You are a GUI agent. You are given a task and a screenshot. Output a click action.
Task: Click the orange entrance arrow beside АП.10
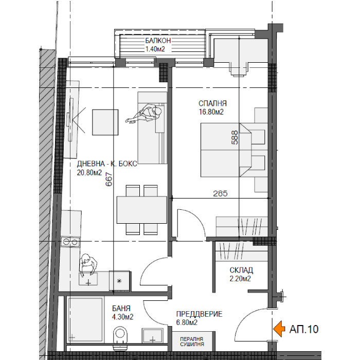click(x=279, y=329)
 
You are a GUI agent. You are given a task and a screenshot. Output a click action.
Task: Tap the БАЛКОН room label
click(x=158, y=41)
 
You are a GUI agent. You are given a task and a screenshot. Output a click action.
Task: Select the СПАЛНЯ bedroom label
click(x=212, y=103)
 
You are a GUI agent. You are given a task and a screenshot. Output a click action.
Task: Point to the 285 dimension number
click(x=220, y=193)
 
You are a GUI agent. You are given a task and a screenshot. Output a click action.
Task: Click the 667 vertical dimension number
click(x=109, y=179)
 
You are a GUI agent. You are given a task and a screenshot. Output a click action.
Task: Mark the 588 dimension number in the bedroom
click(x=235, y=137)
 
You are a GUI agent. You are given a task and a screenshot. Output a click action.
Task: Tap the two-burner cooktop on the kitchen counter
click(x=70, y=242)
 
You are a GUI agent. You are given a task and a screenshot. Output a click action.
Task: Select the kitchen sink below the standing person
click(x=88, y=279)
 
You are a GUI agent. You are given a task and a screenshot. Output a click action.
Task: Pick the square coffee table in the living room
click(x=105, y=122)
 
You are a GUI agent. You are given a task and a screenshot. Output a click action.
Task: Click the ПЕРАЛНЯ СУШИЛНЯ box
click(x=192, y=341)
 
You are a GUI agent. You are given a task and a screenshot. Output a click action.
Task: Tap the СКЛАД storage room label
click(x=241, y=270)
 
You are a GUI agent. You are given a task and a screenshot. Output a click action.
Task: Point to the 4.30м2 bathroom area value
click(x=122, y=317)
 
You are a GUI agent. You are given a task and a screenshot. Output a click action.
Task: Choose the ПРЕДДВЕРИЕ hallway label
click(x=200, y=314)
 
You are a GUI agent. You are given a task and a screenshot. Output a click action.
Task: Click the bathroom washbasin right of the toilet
click(x=152, y=336)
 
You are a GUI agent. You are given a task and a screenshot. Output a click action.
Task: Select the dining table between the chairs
click(x=141, y=210)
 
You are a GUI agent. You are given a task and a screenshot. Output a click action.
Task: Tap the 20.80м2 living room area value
click(x=89, y=173)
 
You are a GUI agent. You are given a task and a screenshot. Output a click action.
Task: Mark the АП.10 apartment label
click(x=304, y=329)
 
